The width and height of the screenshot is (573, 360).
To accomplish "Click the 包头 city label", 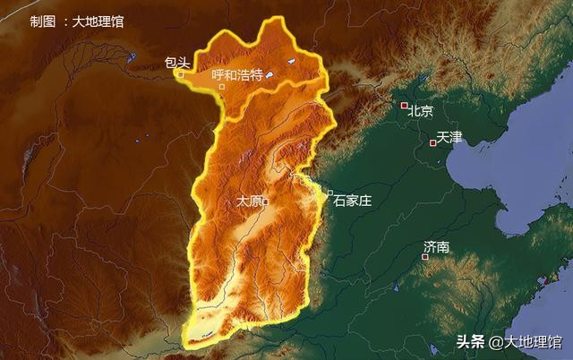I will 177,63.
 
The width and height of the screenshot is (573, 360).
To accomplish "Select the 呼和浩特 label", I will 237,76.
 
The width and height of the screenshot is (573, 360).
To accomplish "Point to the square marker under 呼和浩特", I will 221,87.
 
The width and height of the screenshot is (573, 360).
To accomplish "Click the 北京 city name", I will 421,112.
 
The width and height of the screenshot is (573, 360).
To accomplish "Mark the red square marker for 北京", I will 404,106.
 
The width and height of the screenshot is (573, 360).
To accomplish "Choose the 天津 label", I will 449,138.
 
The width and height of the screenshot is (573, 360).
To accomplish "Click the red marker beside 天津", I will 433,142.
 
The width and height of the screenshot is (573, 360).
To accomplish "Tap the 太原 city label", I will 248,201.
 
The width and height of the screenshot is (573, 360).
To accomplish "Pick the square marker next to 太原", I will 266,201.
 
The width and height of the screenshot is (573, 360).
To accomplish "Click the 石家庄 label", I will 352,201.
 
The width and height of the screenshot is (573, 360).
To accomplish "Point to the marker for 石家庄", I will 329,193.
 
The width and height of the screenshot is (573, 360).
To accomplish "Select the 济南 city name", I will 437,246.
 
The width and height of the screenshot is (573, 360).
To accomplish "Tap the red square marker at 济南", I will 425,257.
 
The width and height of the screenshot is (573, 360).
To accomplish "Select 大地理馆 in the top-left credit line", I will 98,21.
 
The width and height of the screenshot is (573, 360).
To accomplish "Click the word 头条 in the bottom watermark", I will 471,341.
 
